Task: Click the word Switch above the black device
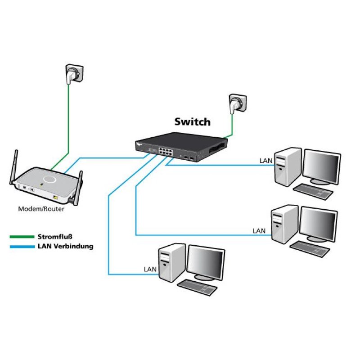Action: click(192, 121)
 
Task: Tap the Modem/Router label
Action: click(41, 209)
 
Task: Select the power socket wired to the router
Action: click(73, 75)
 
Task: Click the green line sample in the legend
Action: click(22, 236)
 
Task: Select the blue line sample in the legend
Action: click(22, 246)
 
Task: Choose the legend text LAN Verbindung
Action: click(66, 246)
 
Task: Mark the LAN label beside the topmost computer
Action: click(265, 160)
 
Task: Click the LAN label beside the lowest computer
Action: click(149, 270)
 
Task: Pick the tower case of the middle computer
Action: click(284, 224)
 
